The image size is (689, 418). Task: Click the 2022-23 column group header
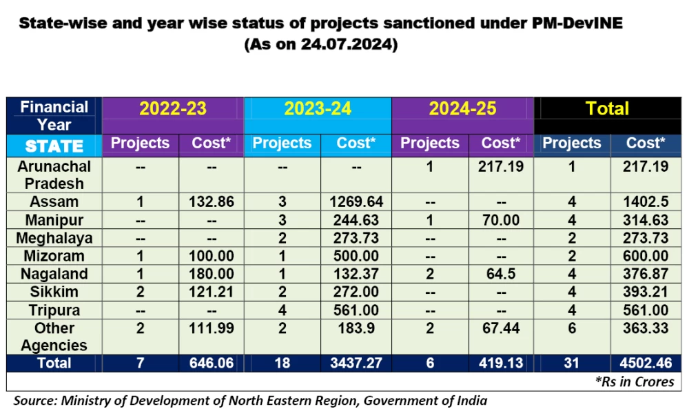[173, 109]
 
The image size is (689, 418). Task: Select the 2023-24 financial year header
[318, 109]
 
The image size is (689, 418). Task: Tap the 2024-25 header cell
[462, 109]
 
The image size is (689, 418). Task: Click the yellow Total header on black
[607, 108]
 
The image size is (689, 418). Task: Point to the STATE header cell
[54, 146]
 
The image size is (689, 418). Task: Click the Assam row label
[54, 202]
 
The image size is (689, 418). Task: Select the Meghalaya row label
[54, 238]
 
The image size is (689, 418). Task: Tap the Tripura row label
[54, 310]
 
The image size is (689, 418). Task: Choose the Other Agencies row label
[54, 336]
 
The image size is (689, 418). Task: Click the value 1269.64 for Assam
[356, 202]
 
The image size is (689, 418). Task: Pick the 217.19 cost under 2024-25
[501, 166]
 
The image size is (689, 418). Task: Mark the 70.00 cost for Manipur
[501, 220]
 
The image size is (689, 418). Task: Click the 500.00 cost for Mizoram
[356, 256]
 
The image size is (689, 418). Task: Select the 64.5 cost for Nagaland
[501, 274]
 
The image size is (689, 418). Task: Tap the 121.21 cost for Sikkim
[211, 292]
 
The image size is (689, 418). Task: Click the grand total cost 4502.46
[645, 363]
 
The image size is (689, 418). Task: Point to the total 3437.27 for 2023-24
[356, 363]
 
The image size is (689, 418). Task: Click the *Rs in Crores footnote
[633, 381]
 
